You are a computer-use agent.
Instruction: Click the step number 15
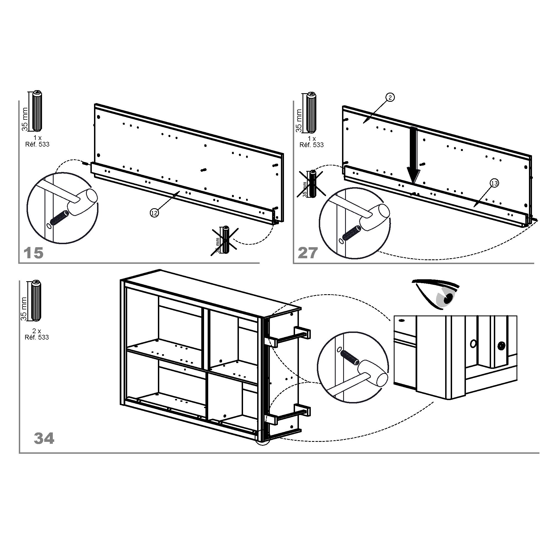click(x=33, y=253)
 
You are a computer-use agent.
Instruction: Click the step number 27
click(x=308, y=253)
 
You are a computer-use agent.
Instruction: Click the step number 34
click(x=44, y=438)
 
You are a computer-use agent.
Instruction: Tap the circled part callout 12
click(x=154, y=213)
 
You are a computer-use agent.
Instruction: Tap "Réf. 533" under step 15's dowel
click(x=37, y=144)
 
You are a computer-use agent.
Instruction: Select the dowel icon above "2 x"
click(x=37, y=301)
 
